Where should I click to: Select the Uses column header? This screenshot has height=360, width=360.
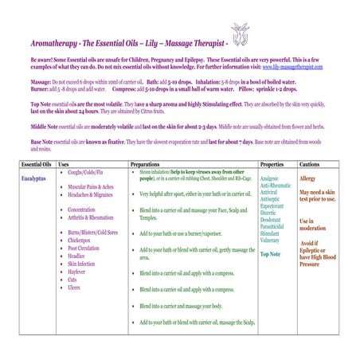tap(65, 163)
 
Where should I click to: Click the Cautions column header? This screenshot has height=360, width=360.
tap(311, 163)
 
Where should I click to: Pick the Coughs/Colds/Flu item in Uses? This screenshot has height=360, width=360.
tap(87, 171)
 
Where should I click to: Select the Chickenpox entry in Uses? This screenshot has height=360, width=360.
tap(83, 240)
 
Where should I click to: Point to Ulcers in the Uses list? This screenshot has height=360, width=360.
tap(76, 287)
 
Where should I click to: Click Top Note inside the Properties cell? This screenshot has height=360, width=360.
tap(271, 254)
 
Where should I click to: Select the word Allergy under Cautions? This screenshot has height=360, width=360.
tap(308, 178)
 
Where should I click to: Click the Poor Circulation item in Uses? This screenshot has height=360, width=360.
tap(86, 248)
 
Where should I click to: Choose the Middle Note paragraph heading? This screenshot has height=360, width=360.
tap(45, 126)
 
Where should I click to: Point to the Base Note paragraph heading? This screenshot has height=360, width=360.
tap(43, 140)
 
